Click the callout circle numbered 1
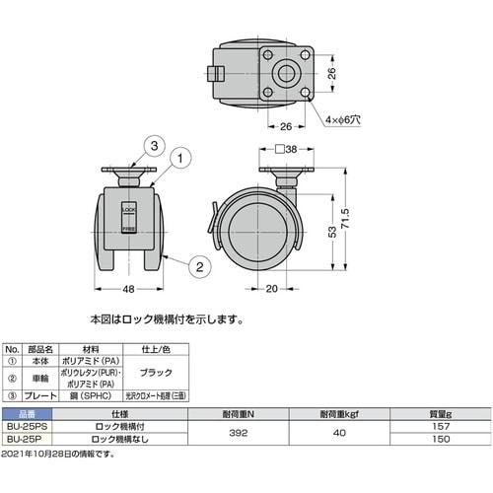181,157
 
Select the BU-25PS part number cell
24,425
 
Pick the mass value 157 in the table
441,425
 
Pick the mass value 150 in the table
441,439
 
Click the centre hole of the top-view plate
286,72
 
